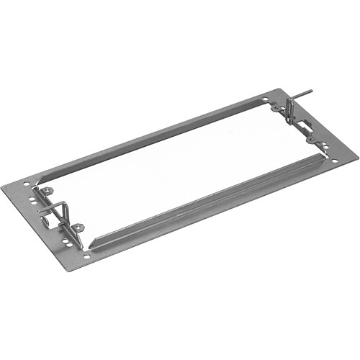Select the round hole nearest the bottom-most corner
tap(87, 255)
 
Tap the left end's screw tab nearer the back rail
tap(47, 191)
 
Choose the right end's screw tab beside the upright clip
tap(276, 109)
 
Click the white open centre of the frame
tap(180, 166)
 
